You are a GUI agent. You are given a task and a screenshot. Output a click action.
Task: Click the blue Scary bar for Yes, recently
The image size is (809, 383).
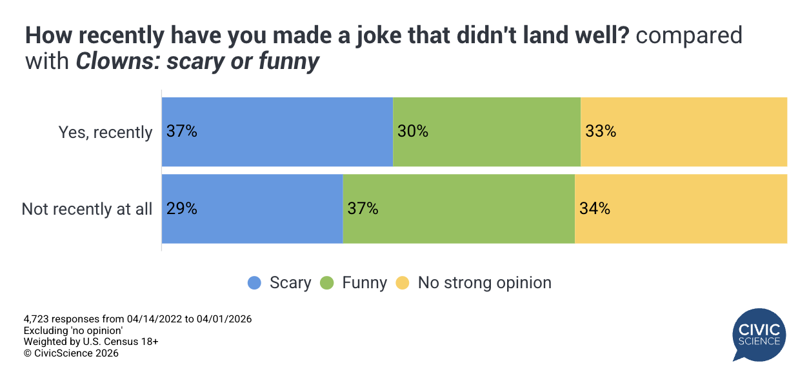click(277, 132)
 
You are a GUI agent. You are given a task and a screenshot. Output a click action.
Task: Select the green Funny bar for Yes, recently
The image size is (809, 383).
click(487, 132)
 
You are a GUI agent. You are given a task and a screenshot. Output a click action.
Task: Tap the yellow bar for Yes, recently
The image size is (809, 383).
click(684, 132)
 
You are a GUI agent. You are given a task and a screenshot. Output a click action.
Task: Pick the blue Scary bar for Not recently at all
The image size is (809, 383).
click(252, 209)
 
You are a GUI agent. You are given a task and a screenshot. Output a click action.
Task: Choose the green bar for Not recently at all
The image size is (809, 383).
click(459, 209)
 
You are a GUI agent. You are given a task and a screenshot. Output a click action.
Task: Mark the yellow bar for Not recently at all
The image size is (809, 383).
click(681, 209)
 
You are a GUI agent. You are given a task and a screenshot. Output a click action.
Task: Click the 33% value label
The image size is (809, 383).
click(601, 132)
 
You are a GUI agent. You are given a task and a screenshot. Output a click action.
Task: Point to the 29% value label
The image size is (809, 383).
click(181, 209)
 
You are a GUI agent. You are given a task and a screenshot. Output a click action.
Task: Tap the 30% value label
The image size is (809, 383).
click(413, 132)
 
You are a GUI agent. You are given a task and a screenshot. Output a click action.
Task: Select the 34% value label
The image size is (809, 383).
click(594, 209)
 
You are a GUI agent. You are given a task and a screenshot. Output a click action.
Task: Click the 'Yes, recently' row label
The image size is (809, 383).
click(106, 132)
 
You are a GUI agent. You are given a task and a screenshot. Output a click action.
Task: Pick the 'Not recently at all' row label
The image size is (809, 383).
click(87, 209)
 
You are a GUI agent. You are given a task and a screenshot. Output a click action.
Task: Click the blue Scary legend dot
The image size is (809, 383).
click(255, 282)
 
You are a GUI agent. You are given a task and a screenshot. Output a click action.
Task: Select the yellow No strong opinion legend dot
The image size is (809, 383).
click(403, 282)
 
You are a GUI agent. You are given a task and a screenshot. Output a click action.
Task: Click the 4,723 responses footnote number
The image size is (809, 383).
click(37, 319)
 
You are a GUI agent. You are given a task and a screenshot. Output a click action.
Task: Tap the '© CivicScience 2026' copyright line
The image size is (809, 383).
click(71, 353)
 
